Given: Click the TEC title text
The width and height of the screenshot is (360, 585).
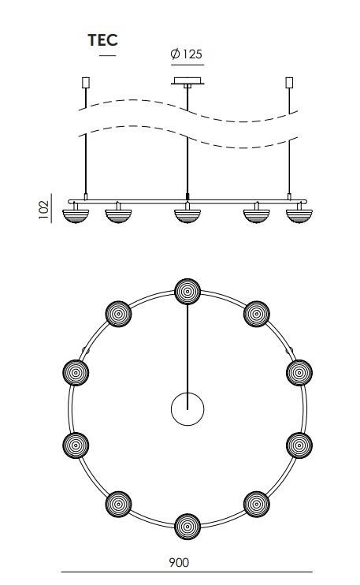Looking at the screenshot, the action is [x=103, y=40].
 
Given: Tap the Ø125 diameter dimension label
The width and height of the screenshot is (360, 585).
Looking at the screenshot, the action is [x=187, y=54].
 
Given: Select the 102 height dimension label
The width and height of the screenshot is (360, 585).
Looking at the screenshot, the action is [x=43, y=209].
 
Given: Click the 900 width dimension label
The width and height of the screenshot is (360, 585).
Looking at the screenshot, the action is [x=179, y=562].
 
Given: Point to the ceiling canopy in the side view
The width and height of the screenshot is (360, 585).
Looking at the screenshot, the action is [x=187, y=81].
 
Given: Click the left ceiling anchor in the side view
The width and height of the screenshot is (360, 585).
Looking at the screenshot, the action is [x=86, y=83].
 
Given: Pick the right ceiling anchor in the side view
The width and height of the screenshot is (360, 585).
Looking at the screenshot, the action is [x=289, y=83].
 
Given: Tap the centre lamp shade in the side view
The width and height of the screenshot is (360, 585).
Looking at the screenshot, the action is [x=187, y=216].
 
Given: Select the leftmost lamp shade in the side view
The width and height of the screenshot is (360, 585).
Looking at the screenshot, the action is [x=76, y=216].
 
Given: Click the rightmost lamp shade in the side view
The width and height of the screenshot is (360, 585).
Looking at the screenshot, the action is [x=299, y=216].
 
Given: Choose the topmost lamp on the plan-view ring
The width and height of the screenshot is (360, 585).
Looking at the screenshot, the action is [x=187, y=292].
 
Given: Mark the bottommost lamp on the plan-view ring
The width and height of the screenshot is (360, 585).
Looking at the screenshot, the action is [x=187, y=527].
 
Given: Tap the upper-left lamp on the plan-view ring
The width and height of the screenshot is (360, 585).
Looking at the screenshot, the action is [x=118, y=314].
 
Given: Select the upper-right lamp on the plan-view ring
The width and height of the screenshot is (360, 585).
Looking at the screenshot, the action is [x=257, y=314].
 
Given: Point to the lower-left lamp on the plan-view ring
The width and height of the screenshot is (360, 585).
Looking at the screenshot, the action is [x=118, y=504].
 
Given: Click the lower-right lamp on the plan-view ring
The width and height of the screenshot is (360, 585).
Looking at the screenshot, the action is [x=257, y=504].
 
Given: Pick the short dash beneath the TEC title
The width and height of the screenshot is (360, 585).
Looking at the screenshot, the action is [x=108, y=56].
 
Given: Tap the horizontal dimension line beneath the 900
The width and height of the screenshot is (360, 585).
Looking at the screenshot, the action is [x=187, y=572].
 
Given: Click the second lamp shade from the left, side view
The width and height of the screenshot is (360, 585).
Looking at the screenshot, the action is [x=118, y=216].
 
